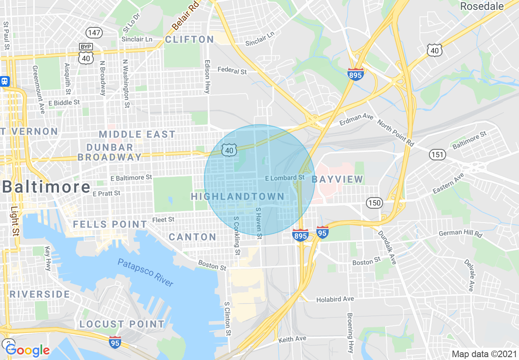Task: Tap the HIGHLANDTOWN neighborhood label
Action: [x=237, y=196]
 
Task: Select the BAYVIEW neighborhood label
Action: [x=337, y=179]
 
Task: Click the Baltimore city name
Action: [x=46, y=187]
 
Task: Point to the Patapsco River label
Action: [x=145, y=272]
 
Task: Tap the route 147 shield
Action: [x=91, y=32]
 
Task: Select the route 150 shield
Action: [x=374, y=203]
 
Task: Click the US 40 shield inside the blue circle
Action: [x=229, y=150]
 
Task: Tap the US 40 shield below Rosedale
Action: [x=434, y=50]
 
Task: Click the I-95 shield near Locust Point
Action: [x=115, y=342]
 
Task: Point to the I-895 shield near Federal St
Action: [x=356, y=74]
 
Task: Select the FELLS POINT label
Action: [x=110, y=224]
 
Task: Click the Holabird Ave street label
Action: [x=335, y=299]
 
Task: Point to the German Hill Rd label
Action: [x=460, y=233]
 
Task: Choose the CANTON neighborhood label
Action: [x=192, y=237]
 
